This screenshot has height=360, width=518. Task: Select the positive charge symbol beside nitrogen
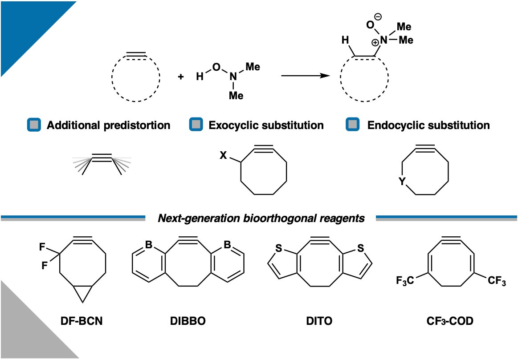[x=375, y=42]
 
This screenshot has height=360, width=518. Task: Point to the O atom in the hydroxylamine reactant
[x=216, y=67]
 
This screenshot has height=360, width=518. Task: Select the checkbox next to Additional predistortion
[x=34, y=125]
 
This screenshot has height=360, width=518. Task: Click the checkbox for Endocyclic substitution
[x=353, y=125]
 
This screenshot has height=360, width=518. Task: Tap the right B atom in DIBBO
[x=228, y=245]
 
